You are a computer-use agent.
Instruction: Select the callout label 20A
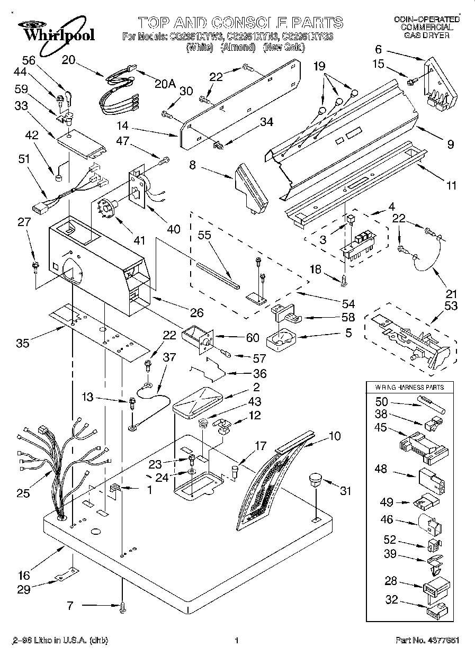[x=166, y=83]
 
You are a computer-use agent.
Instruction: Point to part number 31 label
[x=345, y=491]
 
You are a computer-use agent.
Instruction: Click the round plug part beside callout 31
[x=315, y=481]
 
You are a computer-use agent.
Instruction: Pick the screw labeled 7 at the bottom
[x=123, y=609]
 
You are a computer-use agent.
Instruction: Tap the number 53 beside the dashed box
[x=452, y=306]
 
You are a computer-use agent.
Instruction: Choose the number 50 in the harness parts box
[x=381, y=402]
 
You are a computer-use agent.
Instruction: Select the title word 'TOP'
[x=156, y=22]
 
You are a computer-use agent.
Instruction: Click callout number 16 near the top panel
[x=23, y=576]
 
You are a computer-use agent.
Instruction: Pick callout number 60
[x=253, y=337]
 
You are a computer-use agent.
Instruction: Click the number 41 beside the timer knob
[x=139, y=240]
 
